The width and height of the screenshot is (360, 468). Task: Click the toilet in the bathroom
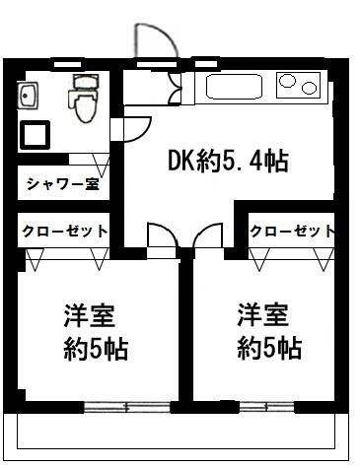click(x=81, y=97)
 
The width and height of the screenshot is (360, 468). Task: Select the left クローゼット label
click(x=62, y=231)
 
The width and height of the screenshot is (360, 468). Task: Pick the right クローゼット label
click(x=291, y=231)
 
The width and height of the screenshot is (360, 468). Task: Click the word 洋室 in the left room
click(x=90, y=317)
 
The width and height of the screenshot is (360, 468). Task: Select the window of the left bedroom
click(x=125, y=406)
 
